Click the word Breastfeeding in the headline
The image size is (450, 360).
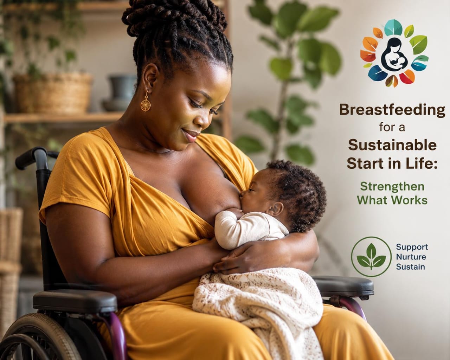392,110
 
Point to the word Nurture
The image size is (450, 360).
411,257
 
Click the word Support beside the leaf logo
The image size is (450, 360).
412,247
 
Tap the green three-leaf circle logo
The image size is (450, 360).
371,257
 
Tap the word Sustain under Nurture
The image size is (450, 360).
411,267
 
